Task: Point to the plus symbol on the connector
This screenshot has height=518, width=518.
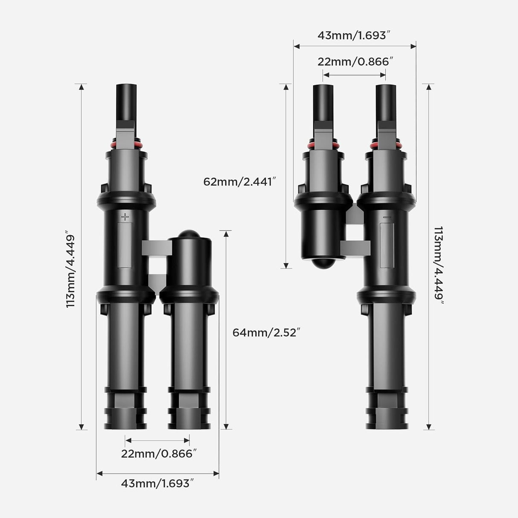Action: coord(125,217)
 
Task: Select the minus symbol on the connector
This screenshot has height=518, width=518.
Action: coord(387,217)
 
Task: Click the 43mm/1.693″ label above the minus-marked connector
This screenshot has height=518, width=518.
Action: coord(354,35)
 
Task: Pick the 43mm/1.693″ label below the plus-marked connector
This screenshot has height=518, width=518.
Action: coord(158,483)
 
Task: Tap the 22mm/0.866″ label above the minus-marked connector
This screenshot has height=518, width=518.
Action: coord(354,62)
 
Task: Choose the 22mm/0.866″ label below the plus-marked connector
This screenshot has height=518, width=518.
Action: coord(158,454)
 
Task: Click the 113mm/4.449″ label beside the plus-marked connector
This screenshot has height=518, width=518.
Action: coord(71,271)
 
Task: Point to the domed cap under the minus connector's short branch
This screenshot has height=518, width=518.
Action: coord(323,263)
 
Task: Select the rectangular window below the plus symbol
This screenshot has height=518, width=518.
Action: coord(125,245)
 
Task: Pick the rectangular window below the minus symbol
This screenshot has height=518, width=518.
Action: coord(387,245)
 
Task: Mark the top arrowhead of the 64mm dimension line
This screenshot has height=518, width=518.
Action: coord(227,233)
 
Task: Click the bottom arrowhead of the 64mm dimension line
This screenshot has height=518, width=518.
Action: coord(227,426)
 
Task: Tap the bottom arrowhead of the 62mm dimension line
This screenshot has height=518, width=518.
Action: coord(286,265)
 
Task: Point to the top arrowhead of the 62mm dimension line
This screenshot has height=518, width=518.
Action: coord(286,87)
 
